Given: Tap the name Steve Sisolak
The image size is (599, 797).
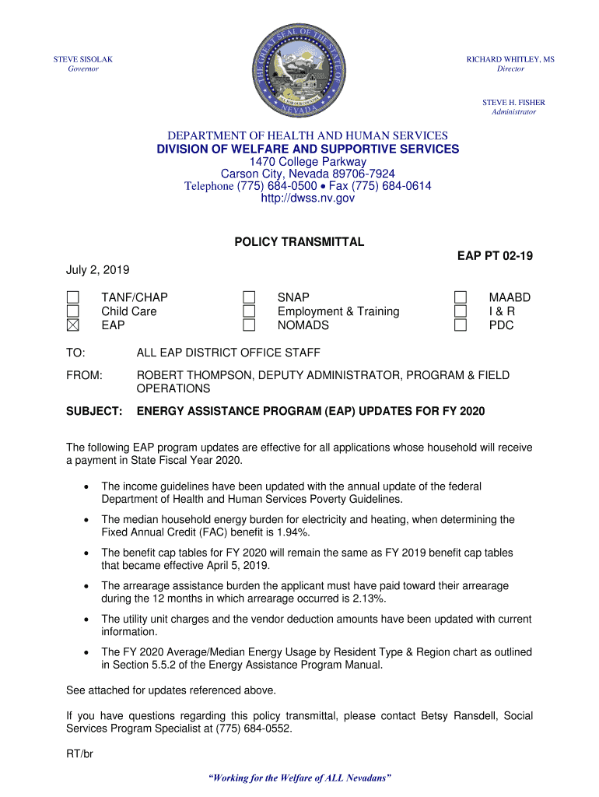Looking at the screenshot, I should click(82, 59).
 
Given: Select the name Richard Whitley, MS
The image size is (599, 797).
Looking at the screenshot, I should click(510, 59).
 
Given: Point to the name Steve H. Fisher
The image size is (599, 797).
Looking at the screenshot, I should click(513, 102).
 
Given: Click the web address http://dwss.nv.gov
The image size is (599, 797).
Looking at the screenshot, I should click(299, 198).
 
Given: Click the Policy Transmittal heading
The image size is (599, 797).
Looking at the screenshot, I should click(299, 242).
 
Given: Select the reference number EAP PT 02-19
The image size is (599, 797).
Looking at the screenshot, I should click(495, 256).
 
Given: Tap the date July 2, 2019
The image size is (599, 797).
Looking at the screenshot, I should click(97, 270).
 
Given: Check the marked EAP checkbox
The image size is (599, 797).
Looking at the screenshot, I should click(72, 325).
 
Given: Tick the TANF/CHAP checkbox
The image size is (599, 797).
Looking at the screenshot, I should click(72, 297).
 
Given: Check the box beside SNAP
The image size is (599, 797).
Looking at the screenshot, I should click(249, 297).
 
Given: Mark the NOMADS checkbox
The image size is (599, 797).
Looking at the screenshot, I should click(249, 325).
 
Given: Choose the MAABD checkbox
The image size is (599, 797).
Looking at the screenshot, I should click(461, 297).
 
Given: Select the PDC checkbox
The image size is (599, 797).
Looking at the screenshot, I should click(461, 325).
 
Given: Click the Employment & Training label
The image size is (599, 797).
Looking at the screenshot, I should click(338, 311).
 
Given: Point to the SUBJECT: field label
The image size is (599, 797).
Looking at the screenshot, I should click(94, 410).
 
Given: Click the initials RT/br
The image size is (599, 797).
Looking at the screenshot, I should click(81, 753).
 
